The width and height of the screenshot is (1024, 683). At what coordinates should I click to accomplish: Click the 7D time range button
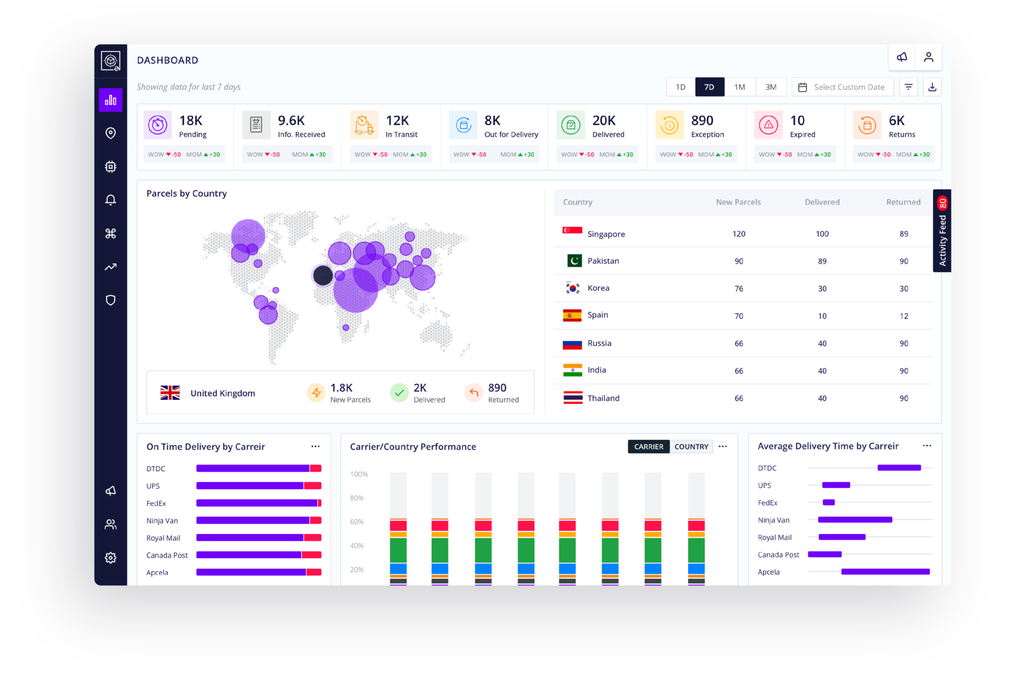pyautogui.click(x=709, y=87)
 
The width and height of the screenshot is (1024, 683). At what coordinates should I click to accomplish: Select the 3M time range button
pyautogui.click(x=771, y=87)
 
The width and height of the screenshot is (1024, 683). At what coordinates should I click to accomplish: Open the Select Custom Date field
pyautogui.click(x=843, y=87)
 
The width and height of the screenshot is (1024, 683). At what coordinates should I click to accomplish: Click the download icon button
pyautogui.click(x=932, y=87)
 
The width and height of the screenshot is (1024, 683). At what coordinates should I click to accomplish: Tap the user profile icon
pyautogui.click(x=929, y=57)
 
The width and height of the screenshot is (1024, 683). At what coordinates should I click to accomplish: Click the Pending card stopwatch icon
pyautogui.click(x=157, y=125)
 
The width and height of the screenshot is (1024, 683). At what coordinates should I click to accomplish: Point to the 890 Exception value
pyautogui.click(x=702, y=121)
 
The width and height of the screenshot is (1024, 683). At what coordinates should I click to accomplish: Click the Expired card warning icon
pyautogui.click(x=768, y=125)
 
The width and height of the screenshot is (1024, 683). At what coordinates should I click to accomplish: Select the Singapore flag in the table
pyautogui.click(x=572, y=231)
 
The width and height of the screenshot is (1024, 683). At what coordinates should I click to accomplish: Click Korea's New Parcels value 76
pyautogui.click(x=739, y=289)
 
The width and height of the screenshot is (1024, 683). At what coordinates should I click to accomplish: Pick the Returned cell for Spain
pyautogui.click(x=903, y=316)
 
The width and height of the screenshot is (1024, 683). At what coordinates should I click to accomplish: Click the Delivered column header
pyautogui.click(x=822, y=202)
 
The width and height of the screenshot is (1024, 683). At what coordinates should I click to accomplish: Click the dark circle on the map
pyautogui.click(x=323, y=275)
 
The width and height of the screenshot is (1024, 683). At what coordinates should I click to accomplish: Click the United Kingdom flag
pyautogui.click(x=170, y=393)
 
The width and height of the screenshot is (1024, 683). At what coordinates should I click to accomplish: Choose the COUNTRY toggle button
pyautogui.click(x=691, y=447)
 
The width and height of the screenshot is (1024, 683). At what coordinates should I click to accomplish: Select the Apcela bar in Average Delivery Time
pyautogui.click(x=885, y=572)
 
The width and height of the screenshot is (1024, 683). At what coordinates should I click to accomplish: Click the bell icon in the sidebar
pyautogui.click(x=110, y=200)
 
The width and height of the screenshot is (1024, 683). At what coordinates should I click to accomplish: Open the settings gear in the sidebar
pyautogui.click(x=110, y=558)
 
